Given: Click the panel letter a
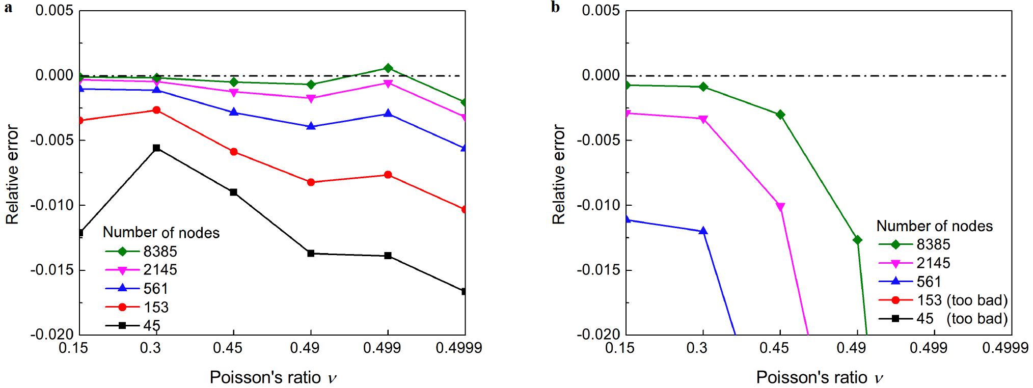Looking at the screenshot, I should [x=8, y=8].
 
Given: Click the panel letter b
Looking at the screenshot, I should [x=555, y=8].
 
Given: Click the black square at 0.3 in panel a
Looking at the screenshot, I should [x=157, y=148].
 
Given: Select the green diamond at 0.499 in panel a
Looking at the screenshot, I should [x=388, y=68].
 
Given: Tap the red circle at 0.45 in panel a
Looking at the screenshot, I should [x=234, y=152].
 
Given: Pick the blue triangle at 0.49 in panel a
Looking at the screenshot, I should [x=311, y=126].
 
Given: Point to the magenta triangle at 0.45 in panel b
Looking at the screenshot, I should [x=780, y=207].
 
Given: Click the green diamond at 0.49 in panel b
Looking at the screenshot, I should [x=857, y=240].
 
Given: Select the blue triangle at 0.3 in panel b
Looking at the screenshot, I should [x=703, y=231].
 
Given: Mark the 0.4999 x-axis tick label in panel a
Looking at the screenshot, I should [x=458, y=348].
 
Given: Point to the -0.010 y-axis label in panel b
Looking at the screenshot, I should [x=597, y=205].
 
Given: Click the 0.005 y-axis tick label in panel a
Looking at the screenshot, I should [x=54, y=11].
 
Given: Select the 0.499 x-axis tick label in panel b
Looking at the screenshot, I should [x=928, y=348].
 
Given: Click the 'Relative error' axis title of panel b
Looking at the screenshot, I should [x=559, y=174].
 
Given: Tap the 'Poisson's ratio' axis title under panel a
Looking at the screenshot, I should [x=273, y=377].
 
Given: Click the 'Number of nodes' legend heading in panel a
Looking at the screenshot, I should [x=161, y=233].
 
